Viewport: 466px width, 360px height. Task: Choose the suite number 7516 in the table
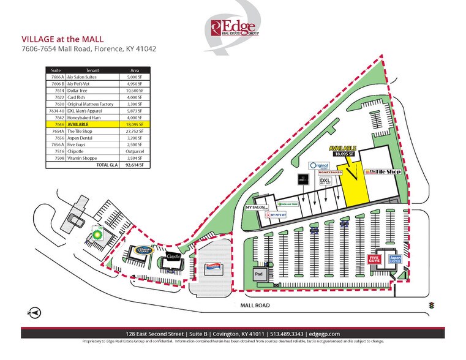click(56, 151)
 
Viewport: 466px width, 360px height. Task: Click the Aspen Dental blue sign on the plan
click(395, 260)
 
